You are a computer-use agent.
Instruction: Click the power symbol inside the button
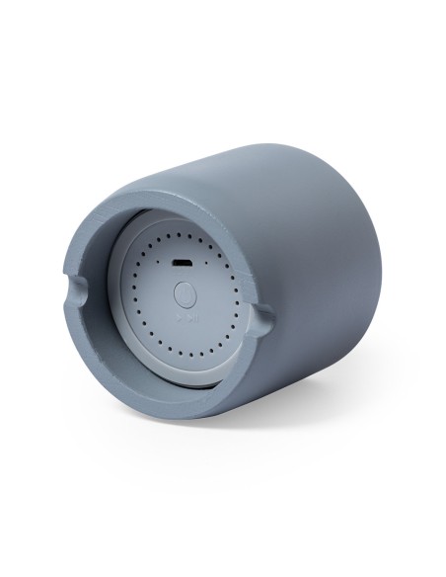185,295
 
